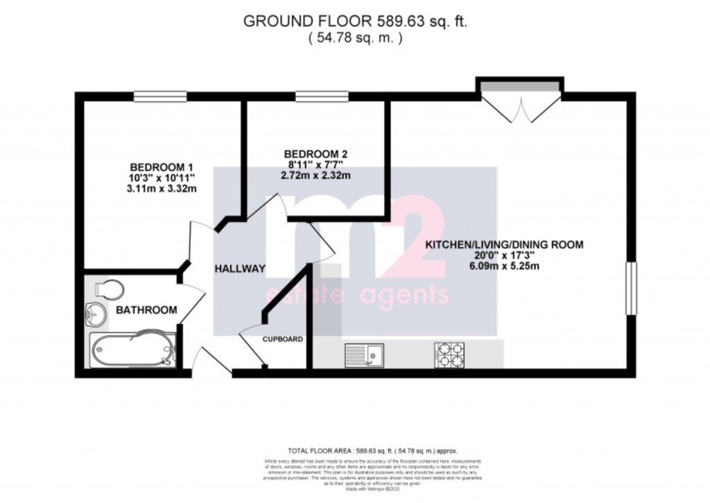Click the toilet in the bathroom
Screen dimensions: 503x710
(x=110, y=289)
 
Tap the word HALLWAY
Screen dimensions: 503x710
(x=240, y=269)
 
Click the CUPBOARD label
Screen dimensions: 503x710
(x=282, y=339)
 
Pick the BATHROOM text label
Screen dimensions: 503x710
(x=146, y=309)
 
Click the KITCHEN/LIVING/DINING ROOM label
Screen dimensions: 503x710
(x=504, y=244)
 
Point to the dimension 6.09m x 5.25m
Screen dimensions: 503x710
(x=504, y=266)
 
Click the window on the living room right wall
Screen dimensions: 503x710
(x=631, y=288)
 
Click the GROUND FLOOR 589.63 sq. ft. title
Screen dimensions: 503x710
(x=355, y=22)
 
